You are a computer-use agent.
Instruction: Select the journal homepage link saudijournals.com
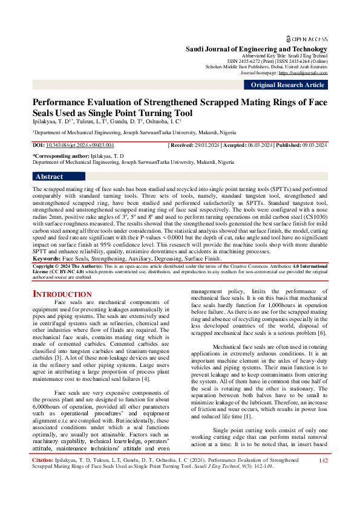312,73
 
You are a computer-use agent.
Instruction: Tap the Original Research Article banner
287,85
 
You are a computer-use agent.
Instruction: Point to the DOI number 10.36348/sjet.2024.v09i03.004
79,146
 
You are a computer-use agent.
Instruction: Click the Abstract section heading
49,177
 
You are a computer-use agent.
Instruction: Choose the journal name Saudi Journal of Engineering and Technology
256,48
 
